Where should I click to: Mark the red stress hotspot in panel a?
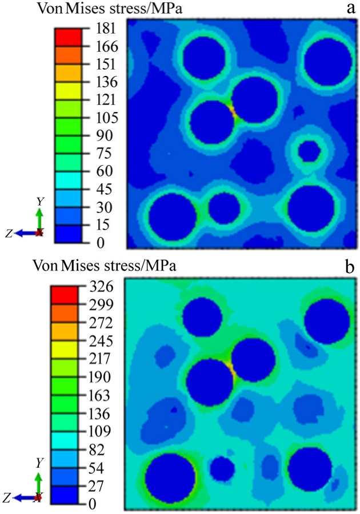pos(233,109)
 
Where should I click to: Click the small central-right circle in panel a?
pos(310,151)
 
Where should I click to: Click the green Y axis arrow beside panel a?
pos(39,217)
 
